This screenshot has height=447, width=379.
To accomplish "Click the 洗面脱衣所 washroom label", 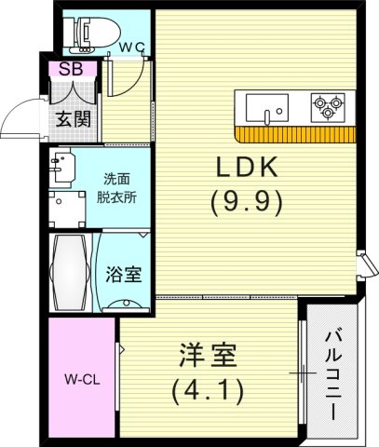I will (118, 190).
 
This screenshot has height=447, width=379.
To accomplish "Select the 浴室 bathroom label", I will (124, 275).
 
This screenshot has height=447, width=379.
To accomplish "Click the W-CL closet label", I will (82, 379).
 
